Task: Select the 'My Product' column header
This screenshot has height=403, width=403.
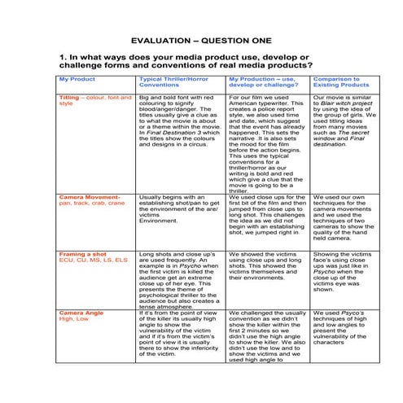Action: (77, 79)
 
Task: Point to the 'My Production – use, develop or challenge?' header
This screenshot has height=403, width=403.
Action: (265, 81)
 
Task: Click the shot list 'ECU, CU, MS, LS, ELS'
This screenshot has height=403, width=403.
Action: (94, 260)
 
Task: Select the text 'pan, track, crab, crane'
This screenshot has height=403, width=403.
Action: (92, 203)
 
